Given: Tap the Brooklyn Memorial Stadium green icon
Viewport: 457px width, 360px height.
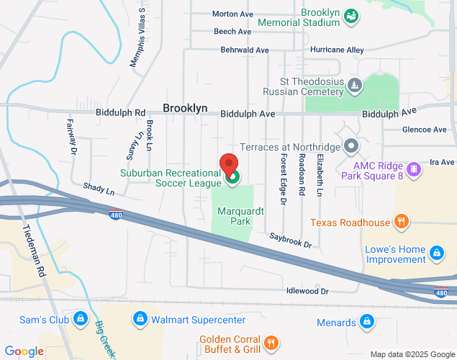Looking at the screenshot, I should pos(351,15).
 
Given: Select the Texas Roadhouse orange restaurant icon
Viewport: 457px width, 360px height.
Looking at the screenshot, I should pos(402,222).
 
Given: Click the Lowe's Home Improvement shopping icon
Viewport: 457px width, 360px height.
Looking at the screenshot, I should pos(436,253).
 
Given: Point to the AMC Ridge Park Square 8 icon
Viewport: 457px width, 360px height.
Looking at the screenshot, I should pos(413,170).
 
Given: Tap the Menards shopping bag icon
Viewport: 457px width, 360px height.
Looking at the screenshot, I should pos(366,320).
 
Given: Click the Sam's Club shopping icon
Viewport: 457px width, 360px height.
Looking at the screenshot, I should pos(81,318).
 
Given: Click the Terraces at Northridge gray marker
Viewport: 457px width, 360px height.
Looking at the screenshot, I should pos(351,147).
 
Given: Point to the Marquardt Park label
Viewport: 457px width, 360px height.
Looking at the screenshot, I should pos(235,216).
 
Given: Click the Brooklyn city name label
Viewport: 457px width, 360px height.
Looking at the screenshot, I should pos(185,108).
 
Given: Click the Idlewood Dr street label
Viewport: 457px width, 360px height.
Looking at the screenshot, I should pos(307,291).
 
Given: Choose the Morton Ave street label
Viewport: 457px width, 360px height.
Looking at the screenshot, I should pos(232,14).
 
